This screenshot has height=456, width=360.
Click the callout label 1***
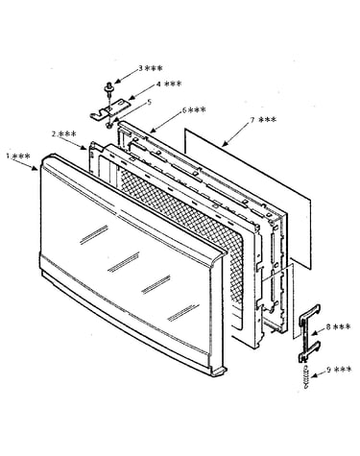point(18,156)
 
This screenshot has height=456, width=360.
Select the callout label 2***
point(63,134)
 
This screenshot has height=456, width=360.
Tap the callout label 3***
point(150,68)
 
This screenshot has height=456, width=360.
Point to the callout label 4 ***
point(169,84)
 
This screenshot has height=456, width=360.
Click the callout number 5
point(149,102)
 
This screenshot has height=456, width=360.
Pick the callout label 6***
point(194,110)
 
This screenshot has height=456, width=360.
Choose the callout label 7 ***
point(263,120)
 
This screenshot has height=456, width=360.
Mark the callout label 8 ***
point(338,326)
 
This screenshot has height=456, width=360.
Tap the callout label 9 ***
point(339,370)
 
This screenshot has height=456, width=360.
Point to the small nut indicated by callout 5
point(109,125)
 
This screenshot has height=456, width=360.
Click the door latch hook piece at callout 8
point(309,333)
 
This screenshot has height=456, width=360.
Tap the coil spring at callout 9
point(306,376)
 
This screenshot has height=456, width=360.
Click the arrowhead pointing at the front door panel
point(36,168)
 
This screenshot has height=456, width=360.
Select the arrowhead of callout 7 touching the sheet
point(225,144)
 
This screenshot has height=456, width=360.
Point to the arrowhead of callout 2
point(84,147)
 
